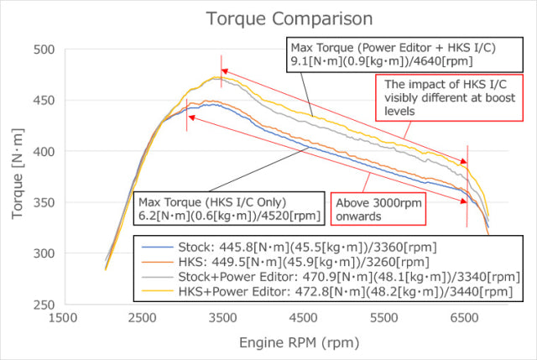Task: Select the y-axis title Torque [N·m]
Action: point(18,178)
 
